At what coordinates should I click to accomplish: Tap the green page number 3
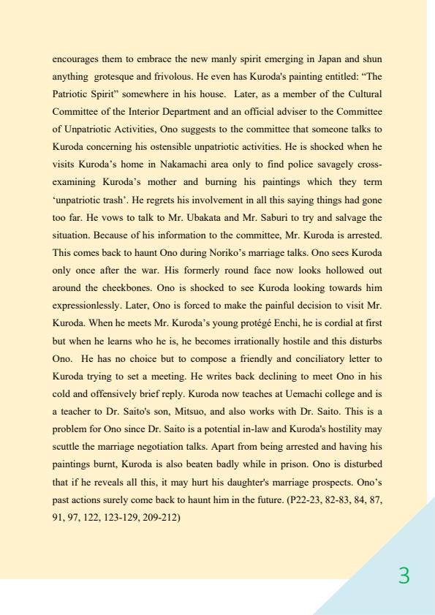[x=404, y=576]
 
